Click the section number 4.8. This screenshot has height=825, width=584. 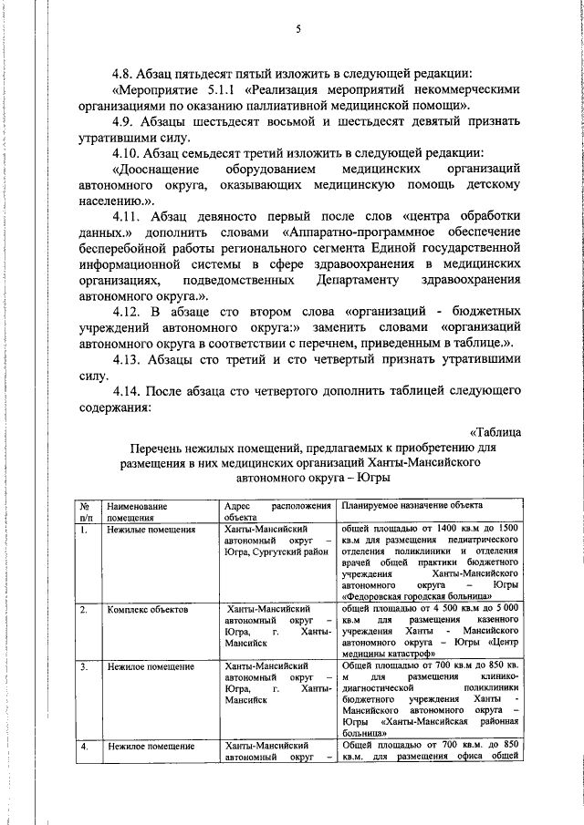pos(124,73)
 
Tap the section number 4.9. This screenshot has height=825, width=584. pos(124,122)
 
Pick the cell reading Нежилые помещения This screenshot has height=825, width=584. pos(151,530)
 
